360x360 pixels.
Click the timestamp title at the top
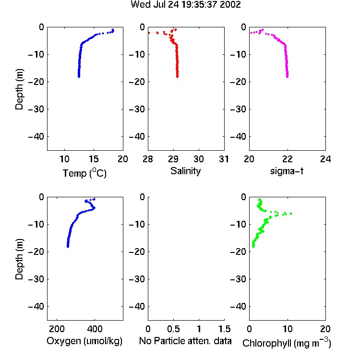pos(185,4)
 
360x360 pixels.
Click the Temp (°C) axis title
pos(84,173)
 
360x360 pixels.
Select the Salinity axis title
pos(185,171)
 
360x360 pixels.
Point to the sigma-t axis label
pos(287,171)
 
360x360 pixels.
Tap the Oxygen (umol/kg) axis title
pos(84,341)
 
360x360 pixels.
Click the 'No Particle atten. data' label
pos(185,341)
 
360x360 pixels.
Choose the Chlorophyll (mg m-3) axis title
pos(287,343)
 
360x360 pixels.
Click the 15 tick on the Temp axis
pos(94,159)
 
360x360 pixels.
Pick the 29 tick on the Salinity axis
pos(173,159)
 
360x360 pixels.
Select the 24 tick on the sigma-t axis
pos(325,159)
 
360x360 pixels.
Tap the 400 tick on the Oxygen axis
pos(95,329)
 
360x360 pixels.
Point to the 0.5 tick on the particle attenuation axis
pos(173,329)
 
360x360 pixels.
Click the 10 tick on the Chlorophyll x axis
pos(288,329)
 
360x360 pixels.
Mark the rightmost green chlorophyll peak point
pos(291,214)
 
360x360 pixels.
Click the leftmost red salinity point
pos(149,33)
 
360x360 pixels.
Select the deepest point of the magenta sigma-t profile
pos(287,77)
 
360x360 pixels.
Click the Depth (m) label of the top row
pos(19,89)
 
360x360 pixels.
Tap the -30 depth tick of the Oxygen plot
pos(36,279)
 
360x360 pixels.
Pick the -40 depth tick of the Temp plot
pos(36,137)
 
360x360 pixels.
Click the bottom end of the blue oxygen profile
pos(68,247)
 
